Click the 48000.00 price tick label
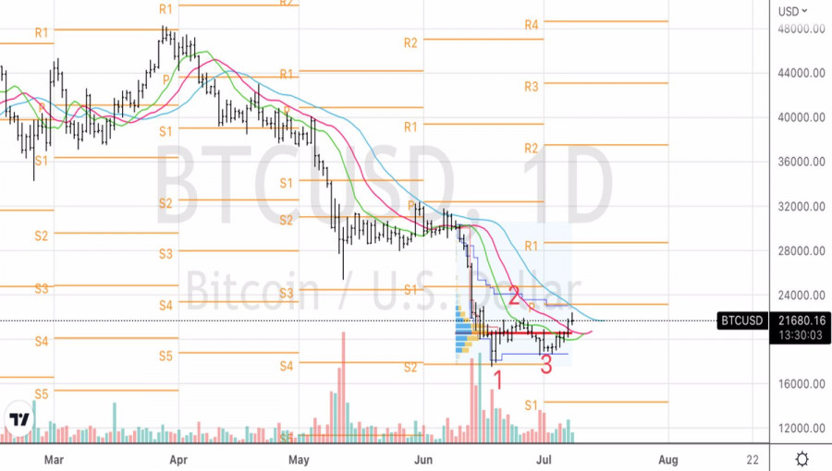(x=801, y=29)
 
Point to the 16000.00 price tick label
(x=801, y=384)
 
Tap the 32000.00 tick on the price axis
(x=801, y=206)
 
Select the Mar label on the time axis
(x=54, y=459)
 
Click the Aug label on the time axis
(x=668, y=459)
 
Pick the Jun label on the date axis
(x=423, y=459)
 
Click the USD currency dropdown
(x=792, y=11)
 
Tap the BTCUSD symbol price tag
(x=742, y=320)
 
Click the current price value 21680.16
(x=801, y=320)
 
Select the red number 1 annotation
(x=497, y=379)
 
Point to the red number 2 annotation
(x=514, y=296)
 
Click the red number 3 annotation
(x=546, y=365)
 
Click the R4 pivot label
(x=532, y=25)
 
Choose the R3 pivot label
(x=532, y=87)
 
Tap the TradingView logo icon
(x=18, y=419)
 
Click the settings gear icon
(x=801, y=459)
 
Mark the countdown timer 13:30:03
(x=801, y=335)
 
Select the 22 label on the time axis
(x=752, y=459)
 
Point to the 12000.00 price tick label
(x=801, y=429)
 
